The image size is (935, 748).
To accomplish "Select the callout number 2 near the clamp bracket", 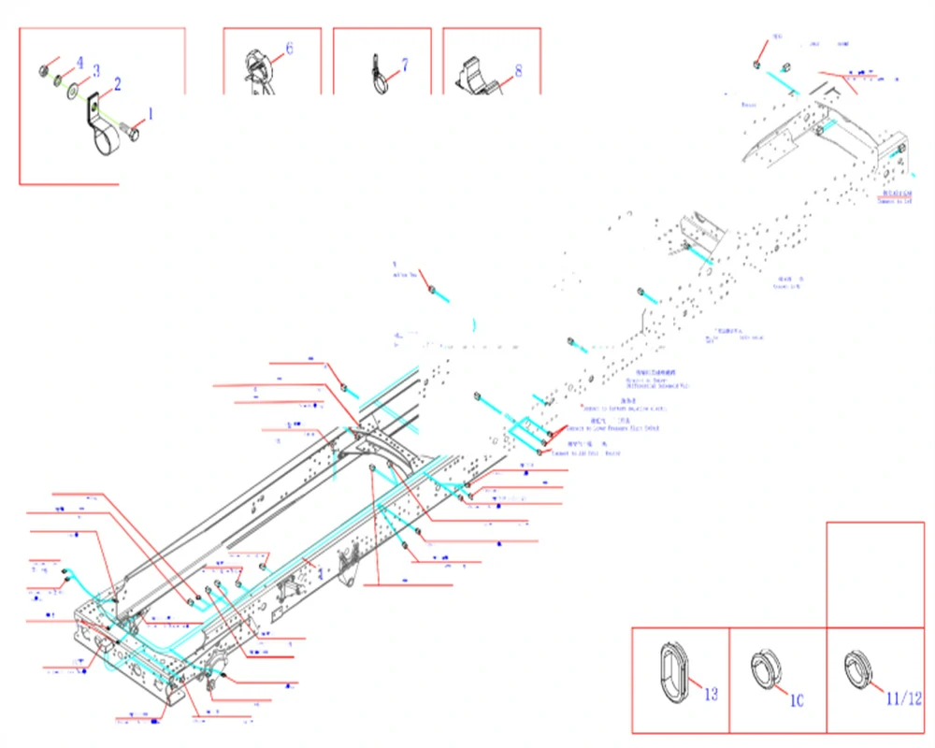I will (117, 84).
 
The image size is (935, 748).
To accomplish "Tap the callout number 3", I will (95, 71).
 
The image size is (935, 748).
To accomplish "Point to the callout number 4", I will (79, 63).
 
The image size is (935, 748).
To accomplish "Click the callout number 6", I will (289, 48).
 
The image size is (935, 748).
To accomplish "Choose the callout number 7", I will (405, 65).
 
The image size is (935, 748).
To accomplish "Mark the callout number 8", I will (518, 70).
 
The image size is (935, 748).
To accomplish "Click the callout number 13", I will (712, 694).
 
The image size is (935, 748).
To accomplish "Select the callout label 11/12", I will (903, 698).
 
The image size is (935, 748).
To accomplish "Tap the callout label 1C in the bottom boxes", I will (797, 699).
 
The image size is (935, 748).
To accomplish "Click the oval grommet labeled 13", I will (673, 669).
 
